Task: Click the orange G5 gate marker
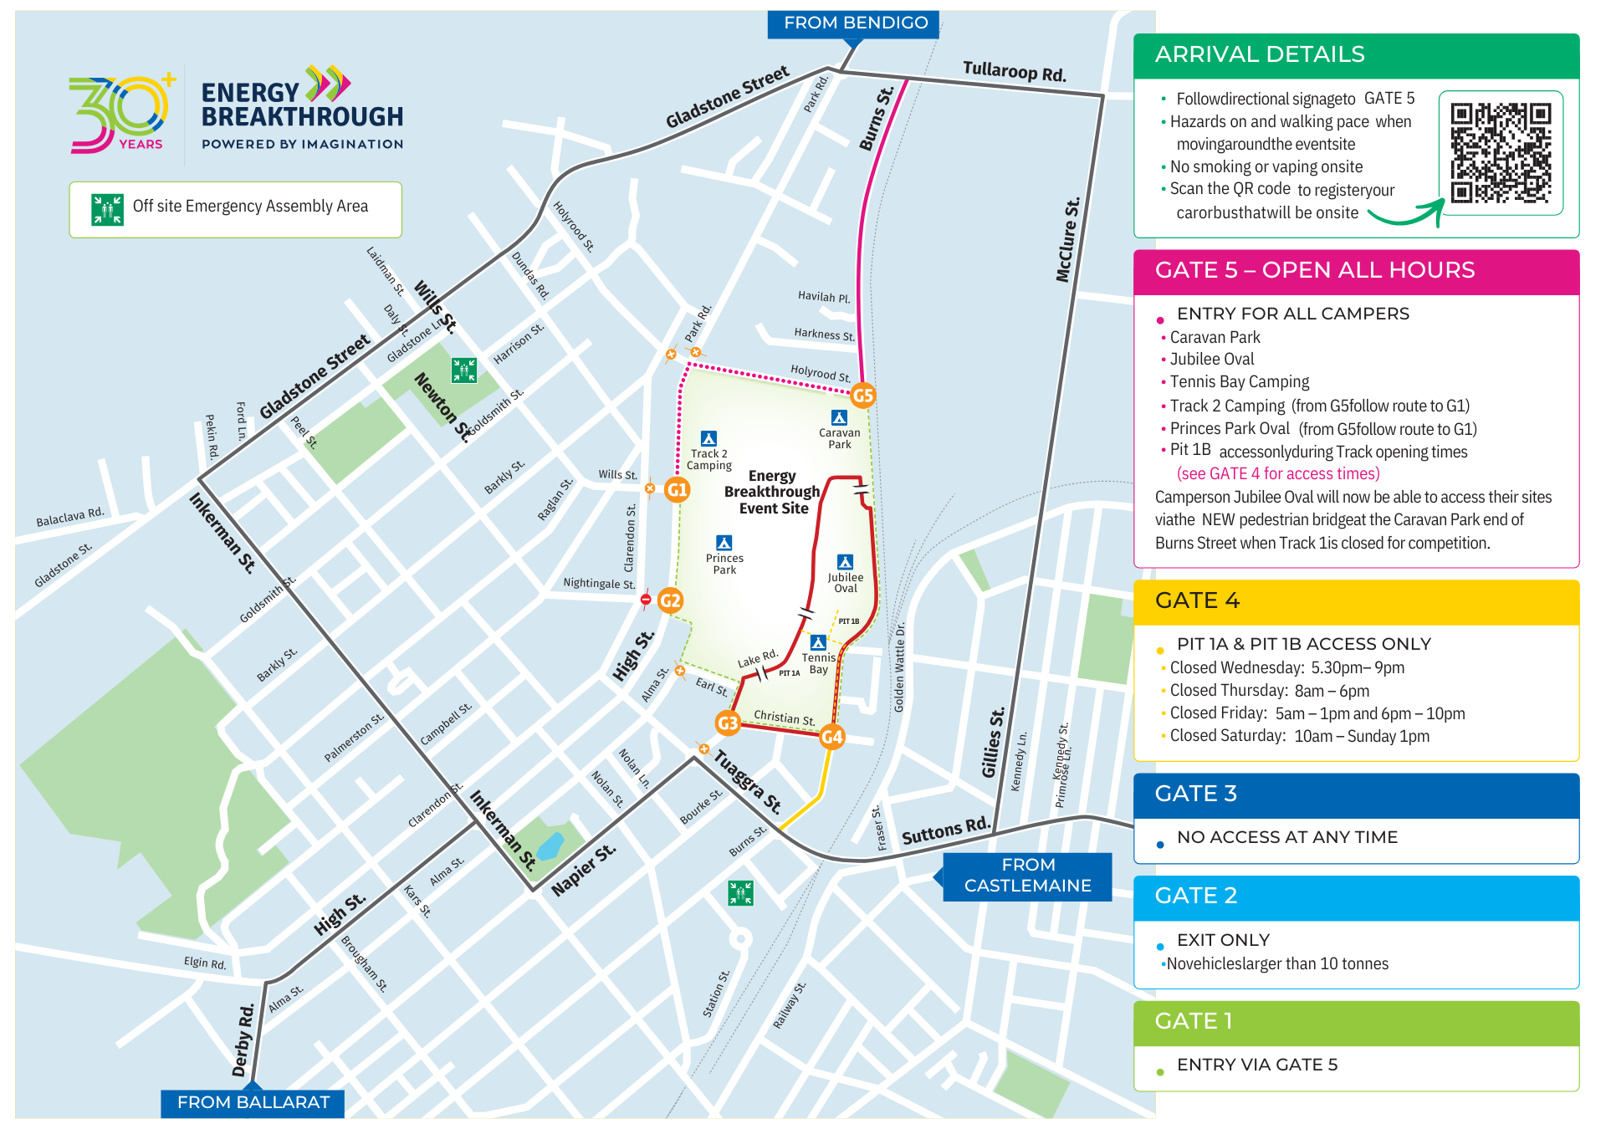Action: click(x=862, y=396)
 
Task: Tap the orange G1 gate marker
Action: click(x=677, y=489)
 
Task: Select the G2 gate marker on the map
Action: click(x=670, y=600)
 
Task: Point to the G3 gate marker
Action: click(x=728, y=723)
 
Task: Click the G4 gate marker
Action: click(x=831, y=736)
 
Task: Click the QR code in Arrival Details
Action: click(x=1501, y=153)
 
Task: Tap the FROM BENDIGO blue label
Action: click(x=855, y=23)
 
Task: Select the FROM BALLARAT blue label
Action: click(x=253, y=1102)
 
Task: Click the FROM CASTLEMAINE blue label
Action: click(x=1027, y=876)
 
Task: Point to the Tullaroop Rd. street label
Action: click(x=1014, y=72)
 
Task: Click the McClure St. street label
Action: click(x=1068, y=240)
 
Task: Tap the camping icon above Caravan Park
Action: click(x=839, y=417)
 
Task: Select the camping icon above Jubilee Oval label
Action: click(x=845, y=562)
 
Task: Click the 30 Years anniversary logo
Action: click(x=122, y=114)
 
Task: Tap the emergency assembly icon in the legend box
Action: click(x=107, y=209)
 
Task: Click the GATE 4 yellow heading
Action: click(x=1197, y=600)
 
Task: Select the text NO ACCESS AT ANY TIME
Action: click(x=1286, y=837)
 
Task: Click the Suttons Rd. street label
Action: click(x=945, y=831)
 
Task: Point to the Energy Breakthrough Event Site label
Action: click(x=772, y=492)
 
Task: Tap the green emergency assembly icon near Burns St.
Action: click(x=740, y=892)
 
